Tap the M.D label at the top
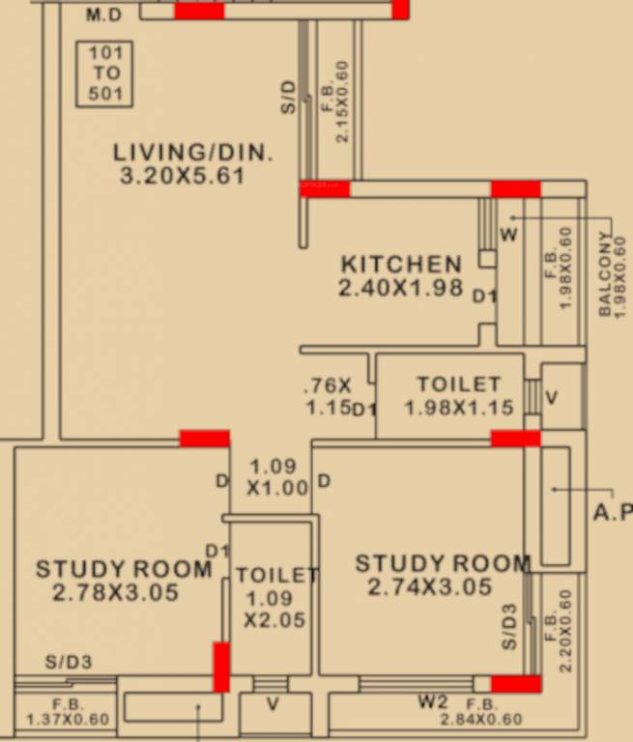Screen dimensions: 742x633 point(105,15)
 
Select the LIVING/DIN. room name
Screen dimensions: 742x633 point(193,152)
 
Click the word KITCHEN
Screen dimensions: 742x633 point(401,264)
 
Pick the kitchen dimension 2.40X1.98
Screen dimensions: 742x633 point(401,288)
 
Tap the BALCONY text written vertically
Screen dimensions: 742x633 point(605,274)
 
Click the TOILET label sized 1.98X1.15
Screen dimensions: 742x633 point(458,385)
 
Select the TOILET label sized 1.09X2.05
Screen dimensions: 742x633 point(276,575)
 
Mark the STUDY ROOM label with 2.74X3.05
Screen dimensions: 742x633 point(443,563)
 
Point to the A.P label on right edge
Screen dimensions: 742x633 point(613,513)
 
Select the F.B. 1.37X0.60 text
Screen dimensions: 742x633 point(67,711)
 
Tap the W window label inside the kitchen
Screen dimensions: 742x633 point(508,235)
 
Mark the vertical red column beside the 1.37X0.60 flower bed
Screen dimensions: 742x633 point(221,667)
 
